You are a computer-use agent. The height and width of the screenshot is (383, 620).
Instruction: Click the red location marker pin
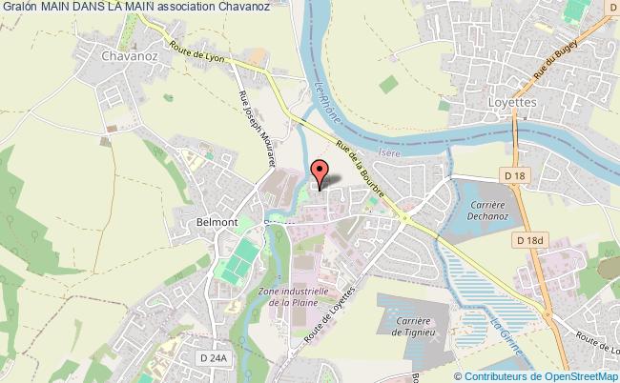pyautogui.click(x=320, y=172)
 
